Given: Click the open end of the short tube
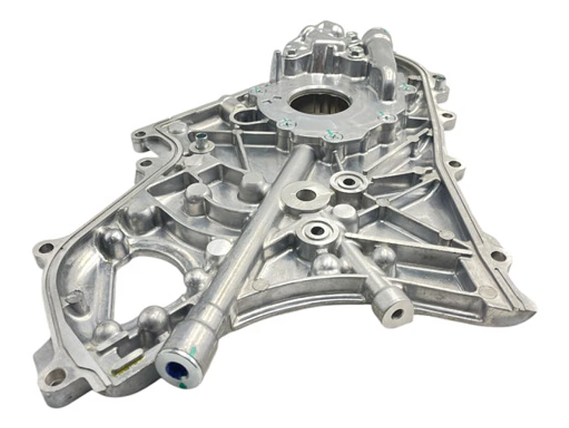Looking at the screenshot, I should pos(398,313).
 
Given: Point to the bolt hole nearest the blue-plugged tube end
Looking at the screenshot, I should pos(55,377).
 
